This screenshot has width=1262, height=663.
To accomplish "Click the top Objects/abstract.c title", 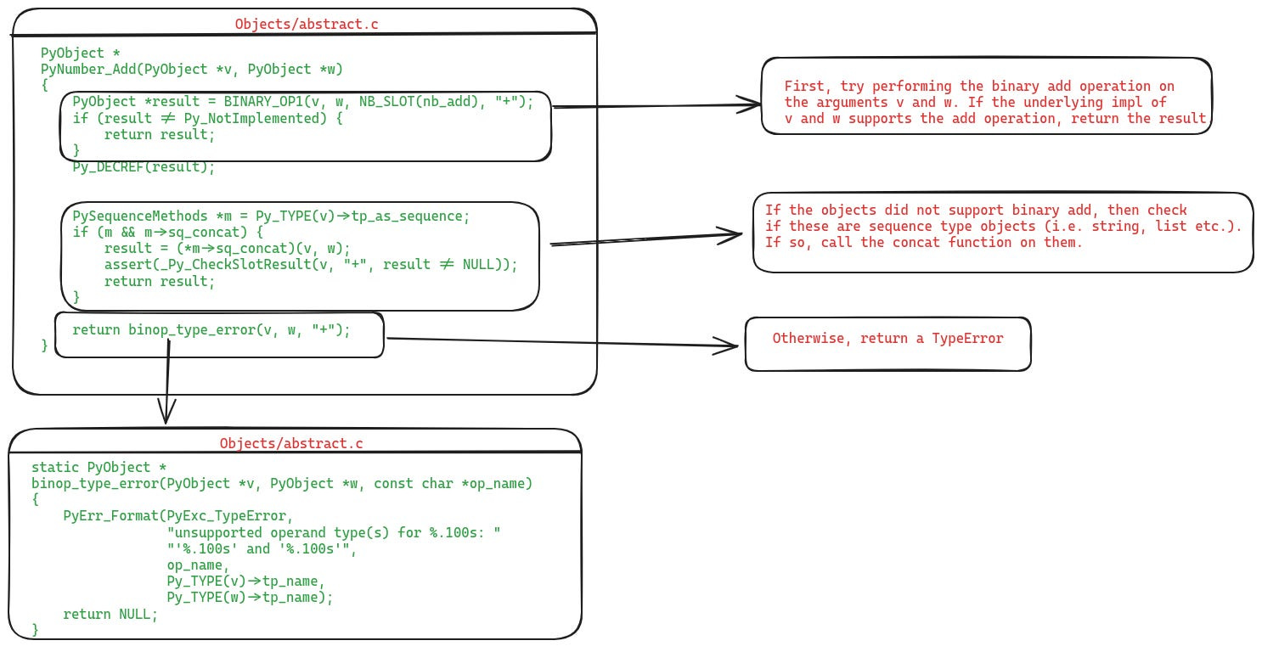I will (x=307, y=24).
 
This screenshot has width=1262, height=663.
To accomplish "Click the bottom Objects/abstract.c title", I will (x=291, y=443).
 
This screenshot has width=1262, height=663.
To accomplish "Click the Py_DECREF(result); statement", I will (x=144, y=166).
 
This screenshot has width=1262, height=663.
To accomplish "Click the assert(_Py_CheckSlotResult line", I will (x=310, y=265).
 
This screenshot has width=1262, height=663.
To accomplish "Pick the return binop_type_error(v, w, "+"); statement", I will (x=211, y=329).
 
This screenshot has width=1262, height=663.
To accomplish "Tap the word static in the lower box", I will (x=55, y=468).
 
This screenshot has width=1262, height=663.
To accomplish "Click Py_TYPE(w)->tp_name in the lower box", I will (x=246, y=597).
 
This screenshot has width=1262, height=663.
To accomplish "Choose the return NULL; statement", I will (x=110, y=614).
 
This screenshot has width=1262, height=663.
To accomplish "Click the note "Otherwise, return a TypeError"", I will (x=887, y=339).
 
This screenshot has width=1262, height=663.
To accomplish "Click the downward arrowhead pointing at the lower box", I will (x=166, y=414).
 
